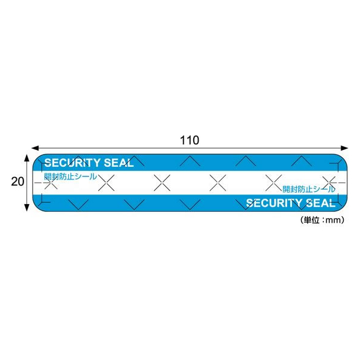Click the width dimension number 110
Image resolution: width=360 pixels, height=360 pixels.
190,140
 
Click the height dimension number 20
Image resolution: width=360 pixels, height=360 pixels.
17,182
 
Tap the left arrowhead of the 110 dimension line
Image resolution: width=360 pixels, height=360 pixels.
35,148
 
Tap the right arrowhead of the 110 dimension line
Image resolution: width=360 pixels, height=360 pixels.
344,148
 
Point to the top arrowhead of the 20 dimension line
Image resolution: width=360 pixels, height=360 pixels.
27,158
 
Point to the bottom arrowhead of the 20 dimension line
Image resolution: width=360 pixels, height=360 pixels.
27,207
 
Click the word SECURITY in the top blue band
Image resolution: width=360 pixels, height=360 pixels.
73,163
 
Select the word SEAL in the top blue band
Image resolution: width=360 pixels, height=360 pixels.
119,163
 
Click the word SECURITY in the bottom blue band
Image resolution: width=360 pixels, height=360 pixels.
275,203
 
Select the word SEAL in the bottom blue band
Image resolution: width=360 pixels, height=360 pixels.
321,203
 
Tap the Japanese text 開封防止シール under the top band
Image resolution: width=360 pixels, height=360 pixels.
70,176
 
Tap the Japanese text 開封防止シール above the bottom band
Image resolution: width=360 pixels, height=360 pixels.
309,189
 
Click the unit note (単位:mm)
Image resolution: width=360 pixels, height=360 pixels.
322,220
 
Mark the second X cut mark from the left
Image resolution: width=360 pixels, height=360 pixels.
106,183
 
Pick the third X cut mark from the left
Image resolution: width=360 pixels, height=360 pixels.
162,183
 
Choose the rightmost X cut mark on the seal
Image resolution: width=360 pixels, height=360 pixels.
329,183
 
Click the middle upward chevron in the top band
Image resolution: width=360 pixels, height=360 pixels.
190,161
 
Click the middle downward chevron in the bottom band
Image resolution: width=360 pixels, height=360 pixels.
190,205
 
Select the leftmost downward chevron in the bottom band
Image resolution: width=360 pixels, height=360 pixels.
78,205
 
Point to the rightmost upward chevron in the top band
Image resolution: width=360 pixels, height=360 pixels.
302,161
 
